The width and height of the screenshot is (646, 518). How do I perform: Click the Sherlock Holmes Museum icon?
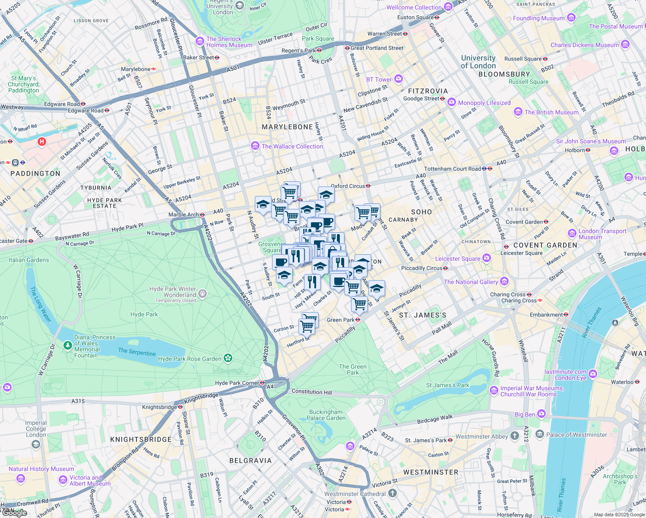(199, 41)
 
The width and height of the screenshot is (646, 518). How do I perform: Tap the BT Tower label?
(379, 79)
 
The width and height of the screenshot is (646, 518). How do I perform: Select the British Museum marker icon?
(518, 112)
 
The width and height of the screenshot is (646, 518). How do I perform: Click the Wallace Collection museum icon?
(255, 146)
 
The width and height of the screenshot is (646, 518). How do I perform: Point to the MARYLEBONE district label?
(287, 127)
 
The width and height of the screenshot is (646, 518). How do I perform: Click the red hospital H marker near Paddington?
(42, 142)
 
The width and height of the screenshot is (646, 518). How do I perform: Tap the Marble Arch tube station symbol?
(202, 215)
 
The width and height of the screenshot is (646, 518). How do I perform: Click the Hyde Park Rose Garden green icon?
(228, 358)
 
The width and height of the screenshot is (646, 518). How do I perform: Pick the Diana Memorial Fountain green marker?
(67, 345)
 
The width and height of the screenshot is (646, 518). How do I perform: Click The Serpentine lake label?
(137, 352)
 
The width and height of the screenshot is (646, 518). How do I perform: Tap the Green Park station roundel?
(358, 320)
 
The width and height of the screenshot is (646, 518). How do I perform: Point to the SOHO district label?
(421, 212)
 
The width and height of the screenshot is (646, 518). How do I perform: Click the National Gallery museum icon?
(504, 282)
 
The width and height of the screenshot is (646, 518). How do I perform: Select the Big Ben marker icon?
(541, 414)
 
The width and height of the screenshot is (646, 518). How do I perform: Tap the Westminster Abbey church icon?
(514, 436)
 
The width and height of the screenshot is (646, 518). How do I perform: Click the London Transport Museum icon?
(572, 234)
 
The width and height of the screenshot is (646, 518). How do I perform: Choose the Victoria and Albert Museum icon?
(63, 480)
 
